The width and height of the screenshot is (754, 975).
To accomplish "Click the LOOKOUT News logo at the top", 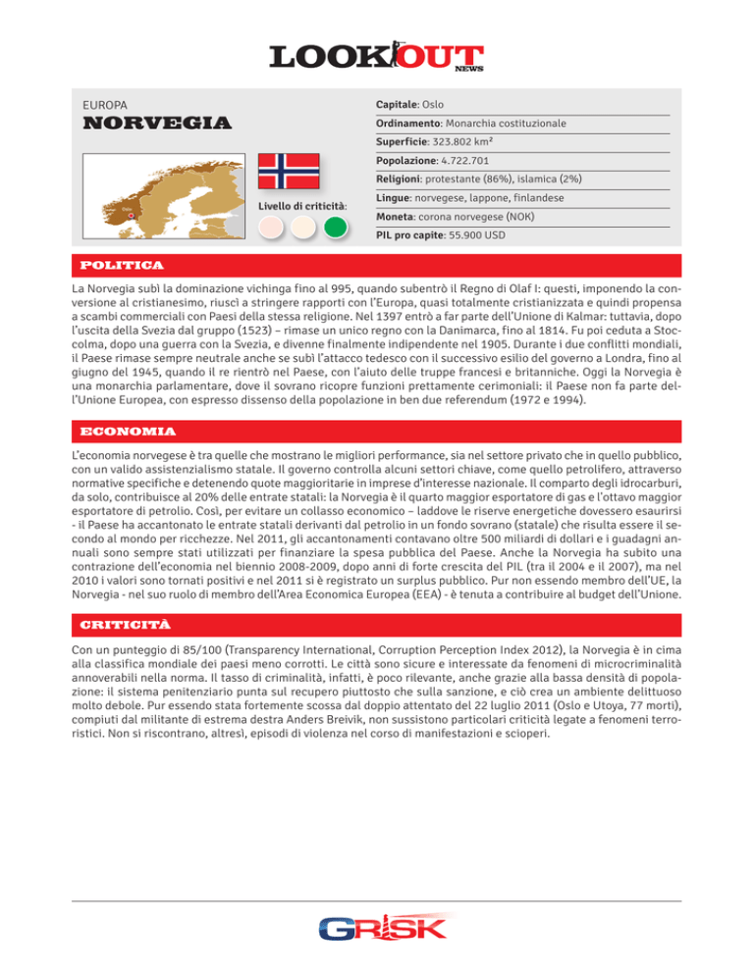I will click(377, 55).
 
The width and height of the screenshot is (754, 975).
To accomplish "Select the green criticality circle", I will click(337, 228).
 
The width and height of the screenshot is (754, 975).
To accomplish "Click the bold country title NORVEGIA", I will click(157, 125).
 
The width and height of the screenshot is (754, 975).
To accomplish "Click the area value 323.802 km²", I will click(479, 139).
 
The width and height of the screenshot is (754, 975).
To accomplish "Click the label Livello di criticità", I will click(302, 206).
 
